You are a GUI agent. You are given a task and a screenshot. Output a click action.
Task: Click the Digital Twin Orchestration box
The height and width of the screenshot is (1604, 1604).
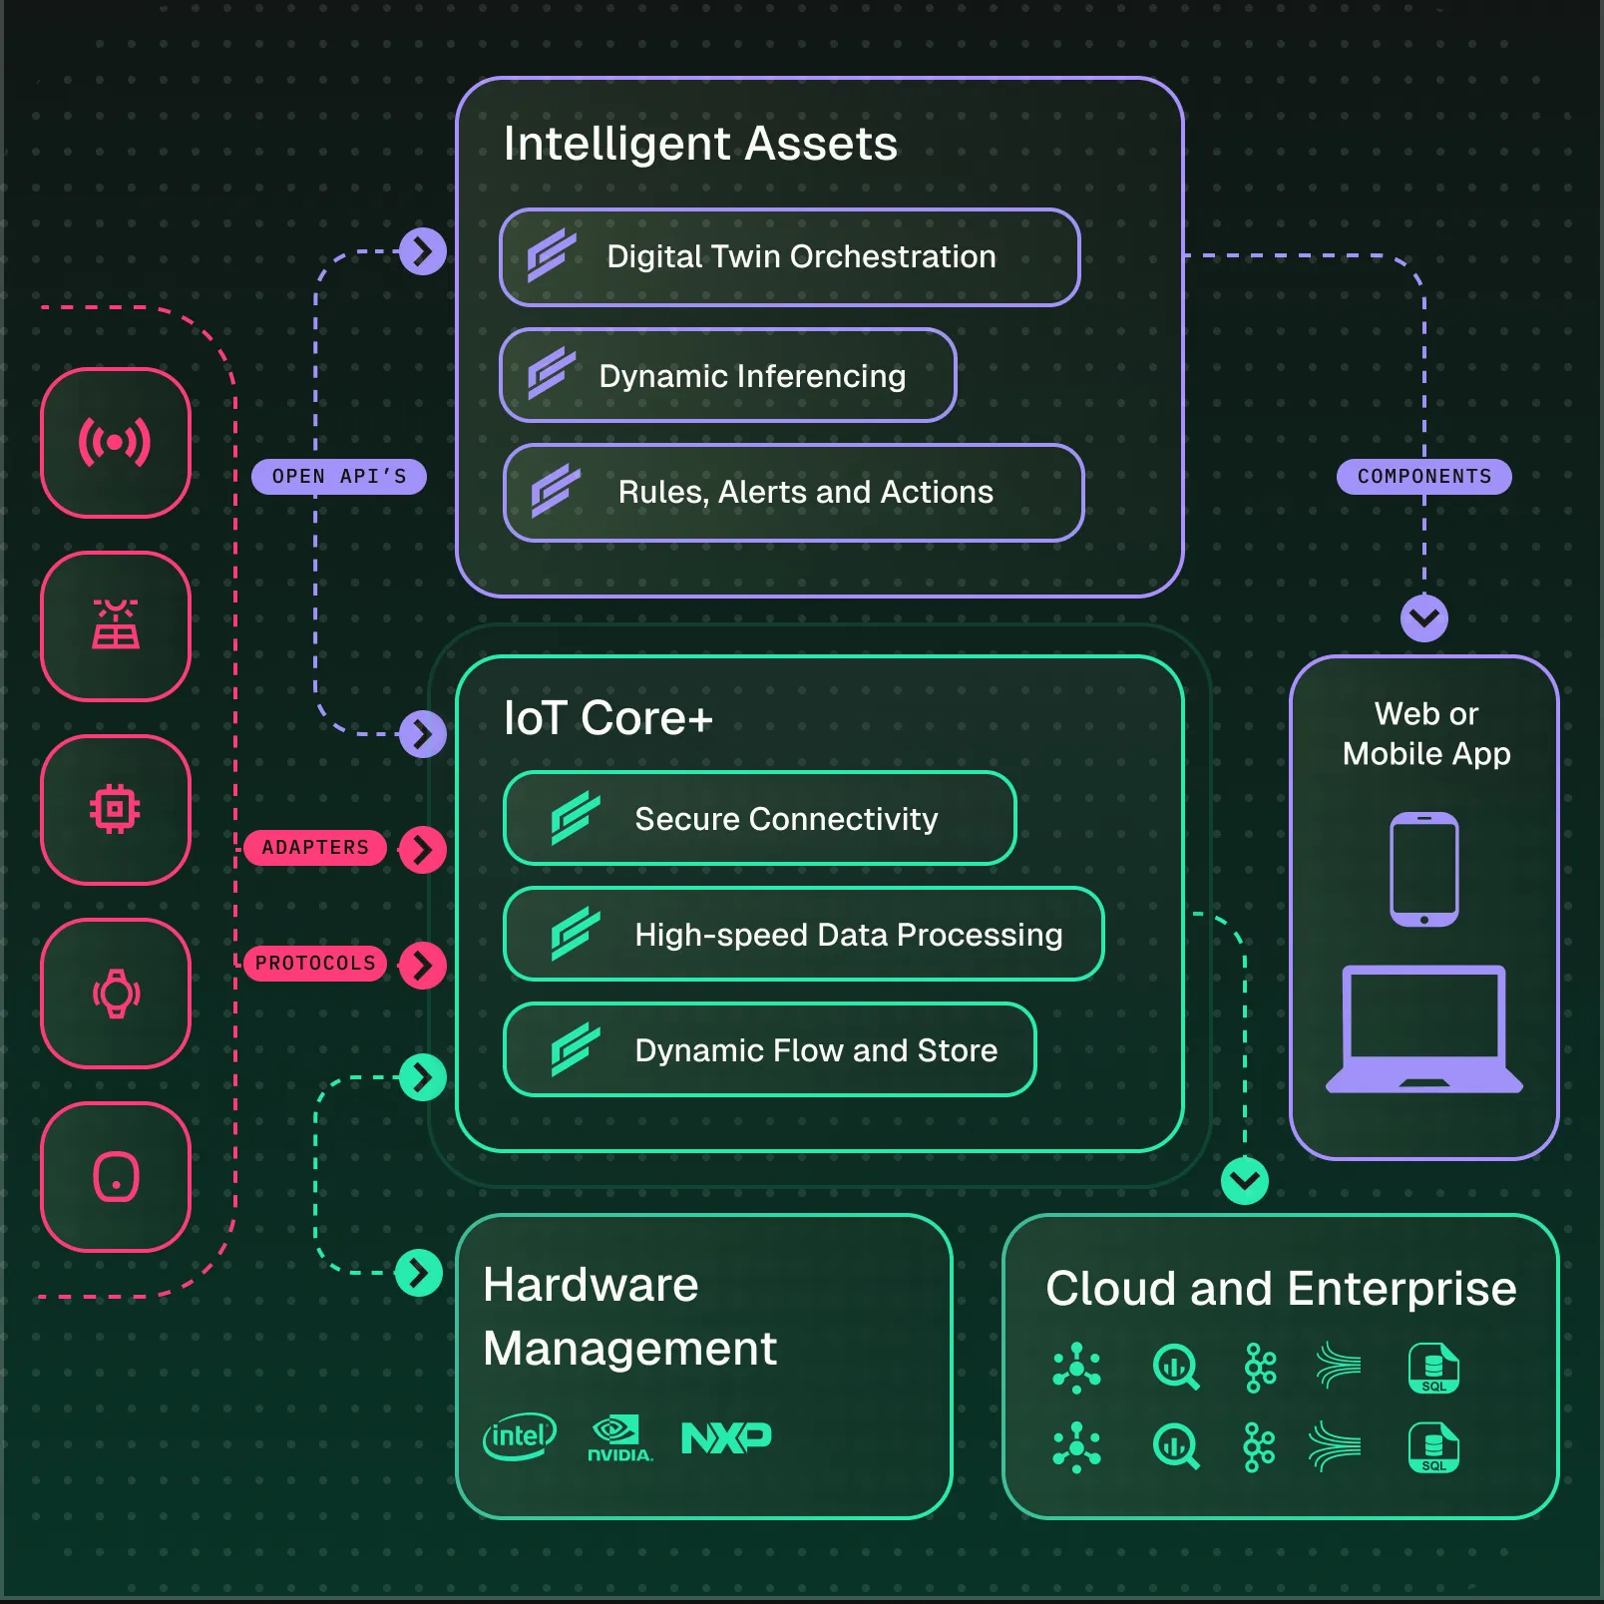789,257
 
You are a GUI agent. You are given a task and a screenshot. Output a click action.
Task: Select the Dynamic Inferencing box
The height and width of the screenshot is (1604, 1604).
728,376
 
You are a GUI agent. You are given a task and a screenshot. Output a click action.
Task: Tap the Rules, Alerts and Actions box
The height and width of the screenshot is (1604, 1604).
793,493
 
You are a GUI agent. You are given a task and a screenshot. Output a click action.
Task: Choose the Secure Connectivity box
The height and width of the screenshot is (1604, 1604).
759,819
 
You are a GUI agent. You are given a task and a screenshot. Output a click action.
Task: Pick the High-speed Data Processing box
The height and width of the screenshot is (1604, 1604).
803,935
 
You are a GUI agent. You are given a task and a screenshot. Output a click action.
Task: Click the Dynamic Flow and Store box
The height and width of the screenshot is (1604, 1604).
769,1050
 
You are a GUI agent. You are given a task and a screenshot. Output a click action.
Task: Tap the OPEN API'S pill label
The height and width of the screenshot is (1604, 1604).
339,477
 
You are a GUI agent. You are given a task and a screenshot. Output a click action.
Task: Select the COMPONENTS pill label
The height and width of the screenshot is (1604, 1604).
1423,477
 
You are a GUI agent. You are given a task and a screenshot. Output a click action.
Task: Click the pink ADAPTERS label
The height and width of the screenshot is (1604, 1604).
315,848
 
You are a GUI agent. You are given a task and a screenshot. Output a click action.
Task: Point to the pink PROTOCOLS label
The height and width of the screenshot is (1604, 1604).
315,964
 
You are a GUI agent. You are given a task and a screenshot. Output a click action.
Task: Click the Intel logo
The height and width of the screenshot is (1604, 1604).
519,1436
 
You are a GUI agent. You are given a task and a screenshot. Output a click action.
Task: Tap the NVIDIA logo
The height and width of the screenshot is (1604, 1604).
619,1438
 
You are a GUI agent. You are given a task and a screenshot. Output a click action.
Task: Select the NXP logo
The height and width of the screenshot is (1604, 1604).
726,1437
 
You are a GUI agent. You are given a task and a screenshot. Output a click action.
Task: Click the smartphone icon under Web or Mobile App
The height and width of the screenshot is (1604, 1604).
1424,869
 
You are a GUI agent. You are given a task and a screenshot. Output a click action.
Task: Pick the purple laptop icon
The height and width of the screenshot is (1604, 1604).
1423,1029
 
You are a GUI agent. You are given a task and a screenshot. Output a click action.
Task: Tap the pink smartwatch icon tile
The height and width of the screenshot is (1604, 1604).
116,994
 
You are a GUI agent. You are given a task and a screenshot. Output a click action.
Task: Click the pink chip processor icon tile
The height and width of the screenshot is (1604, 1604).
116,810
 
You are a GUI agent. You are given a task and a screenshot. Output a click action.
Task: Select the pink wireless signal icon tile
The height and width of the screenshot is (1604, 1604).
116,443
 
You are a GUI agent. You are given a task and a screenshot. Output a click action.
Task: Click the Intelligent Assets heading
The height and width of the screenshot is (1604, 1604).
700,144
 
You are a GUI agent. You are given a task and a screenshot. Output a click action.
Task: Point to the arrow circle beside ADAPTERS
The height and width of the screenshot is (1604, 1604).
422,850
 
